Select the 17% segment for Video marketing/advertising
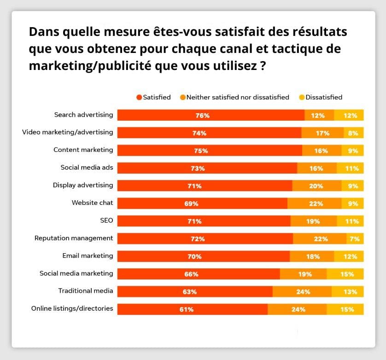[322, 133]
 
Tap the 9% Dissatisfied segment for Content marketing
[352, 150]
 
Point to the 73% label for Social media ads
[198, 168]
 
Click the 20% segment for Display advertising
[316, 186]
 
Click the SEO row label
[106, 221]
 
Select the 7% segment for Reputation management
[355, 238]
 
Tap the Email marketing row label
[88, 255]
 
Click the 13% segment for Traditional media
[347, 291]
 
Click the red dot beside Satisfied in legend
[139, 98]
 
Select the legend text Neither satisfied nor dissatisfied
[238, 97]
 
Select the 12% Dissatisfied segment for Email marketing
[349, 256]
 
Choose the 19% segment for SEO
[313, 221]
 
